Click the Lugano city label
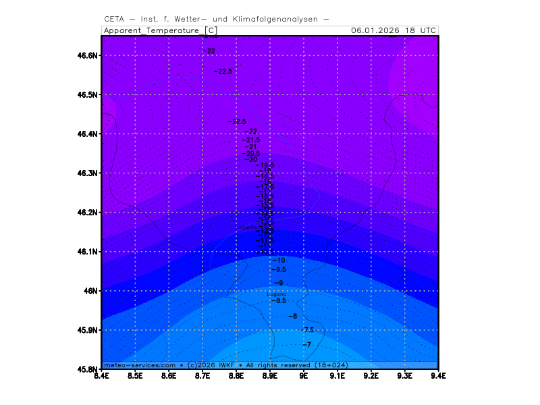coord(277,294)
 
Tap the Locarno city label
coord(246,227)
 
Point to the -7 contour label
coord(306,345)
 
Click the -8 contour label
coord(292,316)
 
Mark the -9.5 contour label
coord(278,269)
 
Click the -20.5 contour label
coord(252,153)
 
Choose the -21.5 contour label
coord(252,140)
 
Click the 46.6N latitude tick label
coord(88,55)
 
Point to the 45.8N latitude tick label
coord(88,369)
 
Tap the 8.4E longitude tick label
coord(102,376)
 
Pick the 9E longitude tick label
coord(304,376)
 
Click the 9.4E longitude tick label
coord(439,376)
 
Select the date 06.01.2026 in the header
coord(375,30)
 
